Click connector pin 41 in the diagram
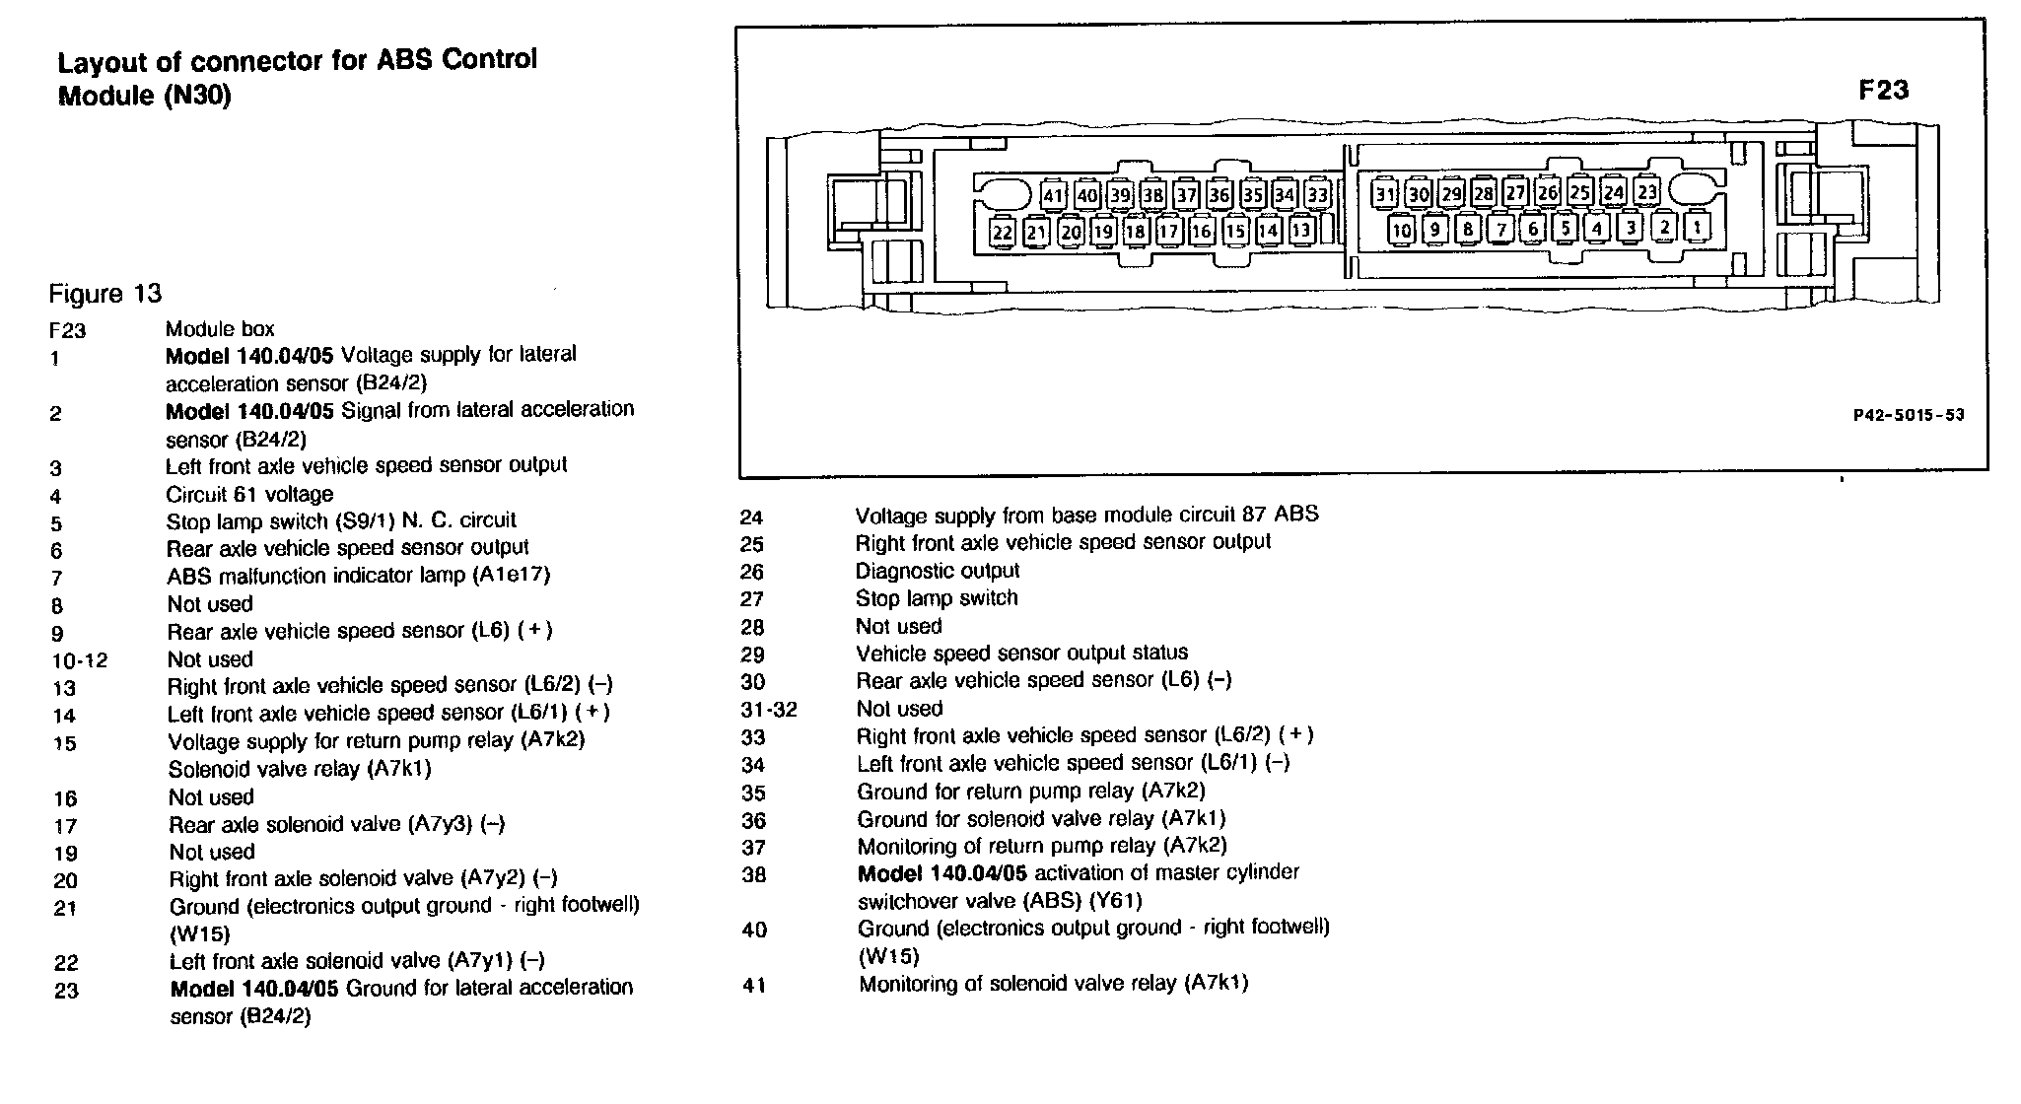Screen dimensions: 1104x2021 point(1054,195)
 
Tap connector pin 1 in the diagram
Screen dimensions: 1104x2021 point(1697,228)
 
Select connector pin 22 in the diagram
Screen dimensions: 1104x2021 point(1003,233)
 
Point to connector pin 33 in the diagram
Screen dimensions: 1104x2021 point(1317,195)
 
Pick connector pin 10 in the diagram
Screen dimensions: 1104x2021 point(1401,231)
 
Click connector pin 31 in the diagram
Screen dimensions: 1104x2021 point(1385,194)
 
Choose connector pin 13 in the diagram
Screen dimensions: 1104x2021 point(1301,231)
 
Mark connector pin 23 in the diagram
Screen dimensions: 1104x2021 point(1646,191)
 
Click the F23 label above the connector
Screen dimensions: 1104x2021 point(1883,91)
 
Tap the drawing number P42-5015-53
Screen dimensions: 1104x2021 point(1909,415)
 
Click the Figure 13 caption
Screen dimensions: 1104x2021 point(105,294)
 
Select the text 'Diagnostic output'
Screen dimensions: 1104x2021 point(937,571)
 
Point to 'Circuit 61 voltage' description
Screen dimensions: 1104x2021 point(249,494)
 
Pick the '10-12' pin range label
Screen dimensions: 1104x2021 point(80,660)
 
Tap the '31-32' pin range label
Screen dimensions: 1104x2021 point(768,710)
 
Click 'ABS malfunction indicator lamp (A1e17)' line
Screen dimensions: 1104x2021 point(358,575)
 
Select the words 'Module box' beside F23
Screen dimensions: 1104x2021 point(220,329)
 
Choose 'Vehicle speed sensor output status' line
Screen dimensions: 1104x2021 point(1022,653)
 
